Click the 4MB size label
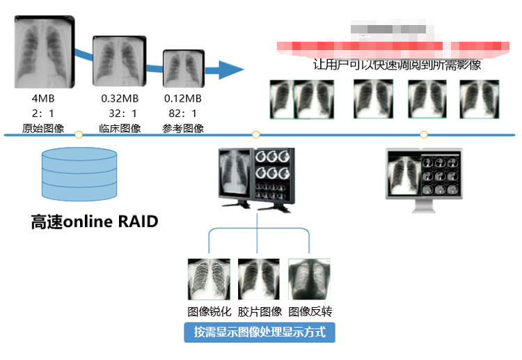43,98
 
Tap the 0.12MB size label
182,98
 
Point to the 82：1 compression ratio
182,113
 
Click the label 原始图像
43,128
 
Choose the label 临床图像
120,128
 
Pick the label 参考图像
182,128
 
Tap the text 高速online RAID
95,222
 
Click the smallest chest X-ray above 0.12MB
182,70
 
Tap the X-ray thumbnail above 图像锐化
209,280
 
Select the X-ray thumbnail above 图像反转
310,280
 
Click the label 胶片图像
260,311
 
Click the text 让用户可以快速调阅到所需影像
397,65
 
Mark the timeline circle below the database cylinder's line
79,134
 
